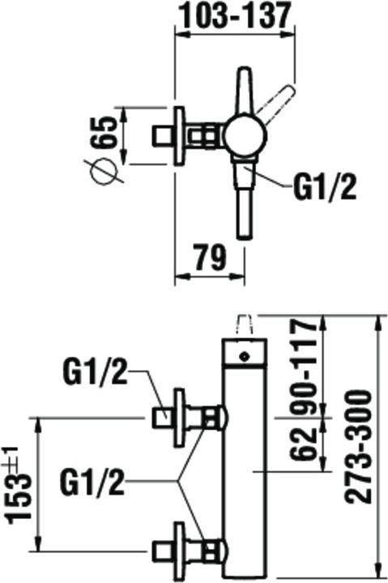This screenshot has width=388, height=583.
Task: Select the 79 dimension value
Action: tap(211, 257)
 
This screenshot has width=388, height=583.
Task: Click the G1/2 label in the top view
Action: tap(324, 188)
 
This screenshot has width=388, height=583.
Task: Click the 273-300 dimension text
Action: tap(358, 446)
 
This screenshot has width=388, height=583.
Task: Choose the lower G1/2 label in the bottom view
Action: tap(92, 483)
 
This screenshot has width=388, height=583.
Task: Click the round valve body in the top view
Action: tap(245, 135)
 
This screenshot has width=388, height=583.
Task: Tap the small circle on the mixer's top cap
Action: tap(244, 355)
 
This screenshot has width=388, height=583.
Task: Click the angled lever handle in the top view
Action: tap(276, 104)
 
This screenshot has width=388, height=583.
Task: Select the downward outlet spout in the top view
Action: tap(245, 198)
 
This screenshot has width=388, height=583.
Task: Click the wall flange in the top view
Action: tap(180, 136)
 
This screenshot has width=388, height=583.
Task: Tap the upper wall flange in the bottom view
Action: tap(180, 419)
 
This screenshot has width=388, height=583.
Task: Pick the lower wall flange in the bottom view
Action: tap(180, 551)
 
